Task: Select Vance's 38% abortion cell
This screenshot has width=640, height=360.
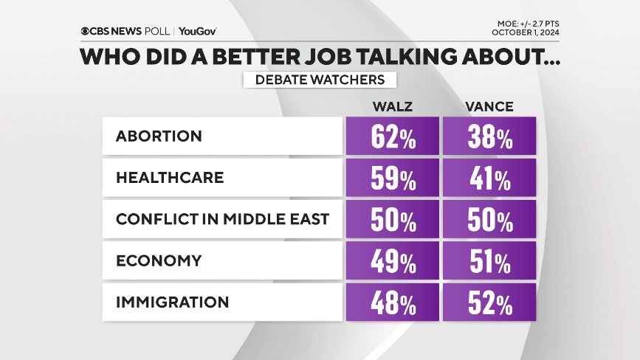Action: click(489, 137)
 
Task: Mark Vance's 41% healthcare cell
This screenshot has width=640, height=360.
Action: click(489, 179)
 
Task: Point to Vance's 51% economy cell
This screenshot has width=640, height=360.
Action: click(489, 261)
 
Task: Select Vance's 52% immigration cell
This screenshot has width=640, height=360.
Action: click(489, 302)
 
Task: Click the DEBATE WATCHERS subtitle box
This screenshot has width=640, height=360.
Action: click(320, 80)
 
